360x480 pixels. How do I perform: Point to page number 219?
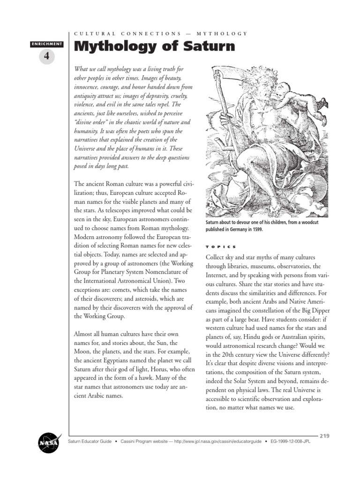pyautogui.click(x=324, y=435)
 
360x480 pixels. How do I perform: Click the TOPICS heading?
pyautogui.click(x=221, y=247)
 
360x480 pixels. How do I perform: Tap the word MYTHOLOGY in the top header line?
pyautogui.click(x=222, y=33)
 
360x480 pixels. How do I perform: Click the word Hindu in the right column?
pyautogui.click(x=264, y=337)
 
